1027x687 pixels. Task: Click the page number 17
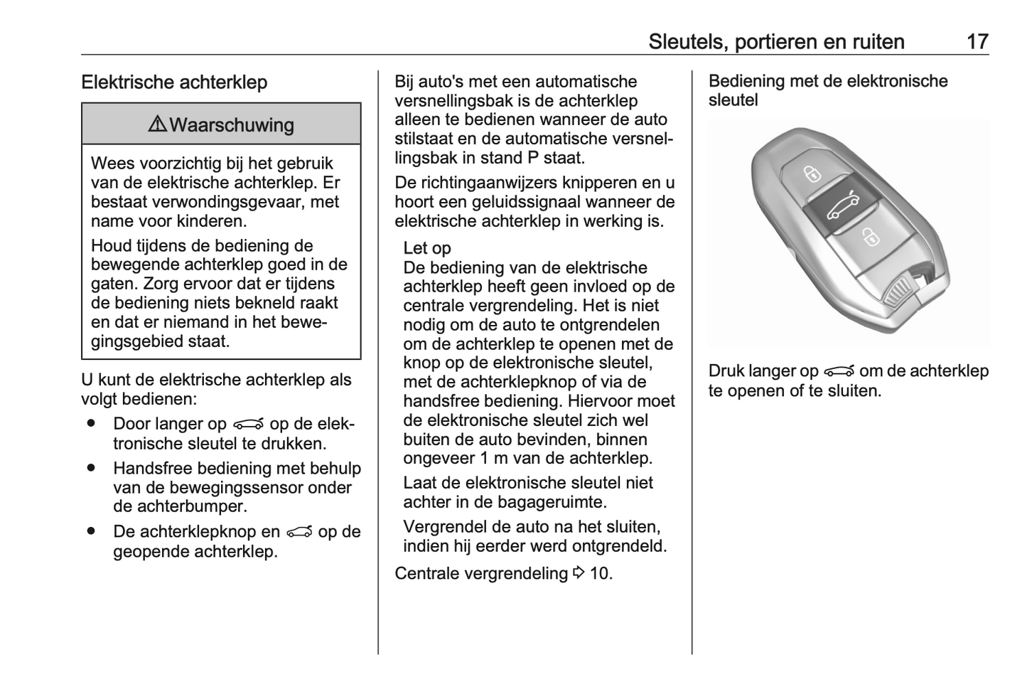[x=977, y=41]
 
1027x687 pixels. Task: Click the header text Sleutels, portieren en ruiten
[x=776, y=41]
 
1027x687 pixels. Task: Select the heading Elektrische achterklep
[x=174, y=82]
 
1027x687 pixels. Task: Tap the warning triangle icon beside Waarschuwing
[x=157, y=124]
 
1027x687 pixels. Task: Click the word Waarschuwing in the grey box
[x=232, y=125]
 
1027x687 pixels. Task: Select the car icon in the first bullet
[x=247, y=425]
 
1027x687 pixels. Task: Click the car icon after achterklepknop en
[x=299, y=532]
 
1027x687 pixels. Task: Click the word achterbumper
[x=180, y=507]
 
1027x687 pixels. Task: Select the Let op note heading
[x=426, y=248]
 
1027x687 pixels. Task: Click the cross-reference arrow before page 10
[x=579, y=573]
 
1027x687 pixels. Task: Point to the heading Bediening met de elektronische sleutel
[x=828, y=90]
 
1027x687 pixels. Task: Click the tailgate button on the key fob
[x=843, y=207]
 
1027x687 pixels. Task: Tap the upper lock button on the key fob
[x=812, y=174]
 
